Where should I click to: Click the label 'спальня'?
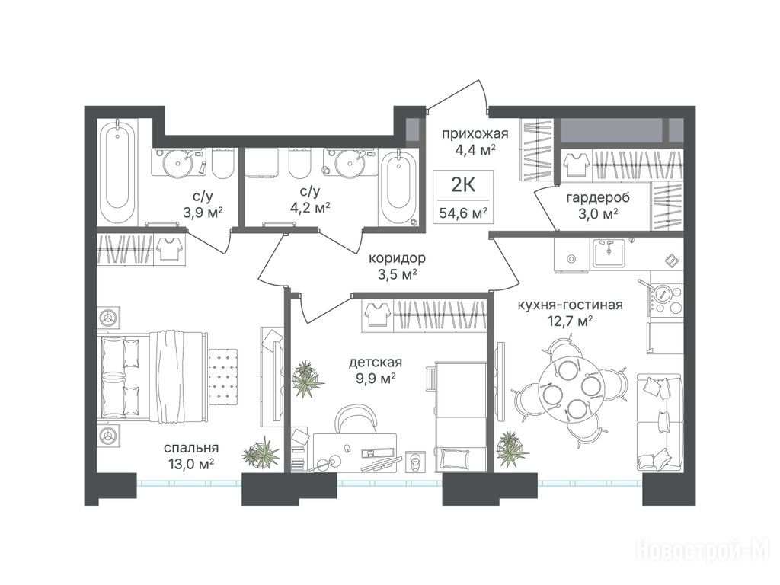(x=191, y=448)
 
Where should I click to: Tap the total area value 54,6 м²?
(x=463, y=214)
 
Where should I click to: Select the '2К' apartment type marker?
(x=463, y=185)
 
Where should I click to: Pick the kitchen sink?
(x=609, y=253)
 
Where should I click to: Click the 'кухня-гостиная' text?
(x=570, y=305)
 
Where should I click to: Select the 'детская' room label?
(x=375, y=363)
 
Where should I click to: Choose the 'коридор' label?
(x=397, y=258)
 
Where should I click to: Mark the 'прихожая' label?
(x=475, y=133)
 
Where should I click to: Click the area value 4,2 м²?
(x=311, y=207)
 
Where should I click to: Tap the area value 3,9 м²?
(x=203, y=213)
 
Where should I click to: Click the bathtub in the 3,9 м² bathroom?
(x=117, y=171)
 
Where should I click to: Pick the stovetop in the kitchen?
(x=667, y=300)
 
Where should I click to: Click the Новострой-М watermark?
(x=703, y=551)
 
